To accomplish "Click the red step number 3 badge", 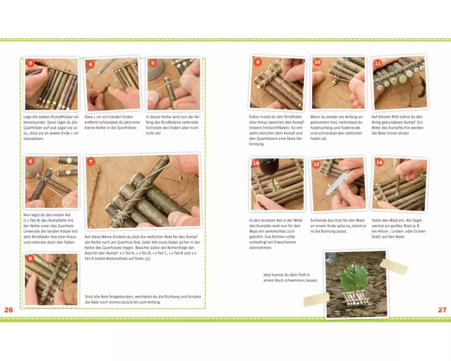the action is pos(31,63).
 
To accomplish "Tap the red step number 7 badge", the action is pos(91,161).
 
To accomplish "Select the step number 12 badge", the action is pos(256,163).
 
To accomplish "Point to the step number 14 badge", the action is pos(379,162).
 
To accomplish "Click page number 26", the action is pos(9,310).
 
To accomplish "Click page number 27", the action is pos(442,310).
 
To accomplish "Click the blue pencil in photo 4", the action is pos(105,66).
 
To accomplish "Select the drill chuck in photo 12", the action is pos(270,168).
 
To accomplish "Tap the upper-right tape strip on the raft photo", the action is pos(393,266).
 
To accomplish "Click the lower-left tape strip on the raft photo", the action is pos(317,299).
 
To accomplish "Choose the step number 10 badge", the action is pos(317,62).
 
